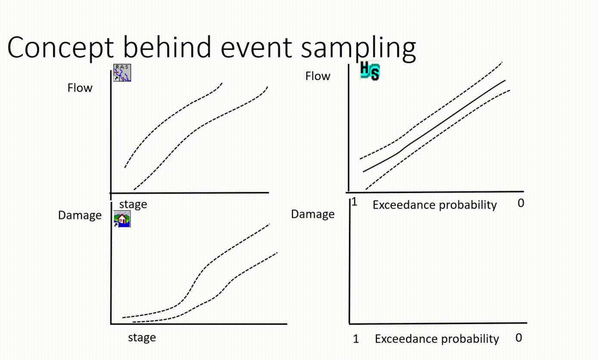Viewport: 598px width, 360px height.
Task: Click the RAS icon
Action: coord(122,72)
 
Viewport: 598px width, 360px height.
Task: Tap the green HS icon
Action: coord(370,71)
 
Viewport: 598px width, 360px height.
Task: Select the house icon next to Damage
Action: coord(122,219)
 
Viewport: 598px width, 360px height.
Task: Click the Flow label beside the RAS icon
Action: coord(80,88)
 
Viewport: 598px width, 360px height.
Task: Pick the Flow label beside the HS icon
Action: coord(318,76)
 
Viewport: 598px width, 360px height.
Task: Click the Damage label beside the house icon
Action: coord(80,215)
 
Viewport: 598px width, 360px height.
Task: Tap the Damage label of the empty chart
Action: coord(313,214)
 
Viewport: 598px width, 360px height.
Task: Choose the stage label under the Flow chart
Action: coord(133,204)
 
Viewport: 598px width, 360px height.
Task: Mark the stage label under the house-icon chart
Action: coord(142,337)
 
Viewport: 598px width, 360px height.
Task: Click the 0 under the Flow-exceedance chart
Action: coord(521,203)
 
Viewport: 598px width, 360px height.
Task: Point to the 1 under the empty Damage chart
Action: coord(356,339)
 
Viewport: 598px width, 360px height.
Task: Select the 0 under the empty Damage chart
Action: coord(519,338)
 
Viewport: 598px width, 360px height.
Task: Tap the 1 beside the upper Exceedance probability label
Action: coord(355,202)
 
